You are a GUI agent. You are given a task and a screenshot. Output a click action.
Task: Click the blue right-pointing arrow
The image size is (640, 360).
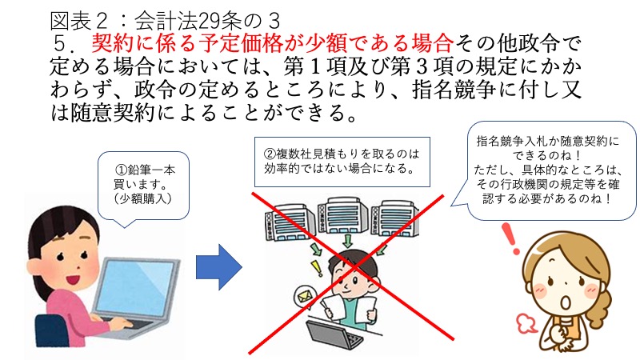click(219, 267)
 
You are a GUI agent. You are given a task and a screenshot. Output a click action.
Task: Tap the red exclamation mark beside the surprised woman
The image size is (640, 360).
click(510, 238)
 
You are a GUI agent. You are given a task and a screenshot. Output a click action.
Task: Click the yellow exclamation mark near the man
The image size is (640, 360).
click(316, 268)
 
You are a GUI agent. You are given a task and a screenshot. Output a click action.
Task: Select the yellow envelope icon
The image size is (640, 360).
click(303, 296)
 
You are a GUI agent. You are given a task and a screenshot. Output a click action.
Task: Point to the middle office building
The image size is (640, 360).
click(342, 215)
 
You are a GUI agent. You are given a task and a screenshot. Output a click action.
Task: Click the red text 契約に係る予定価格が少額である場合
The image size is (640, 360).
click(272, 43)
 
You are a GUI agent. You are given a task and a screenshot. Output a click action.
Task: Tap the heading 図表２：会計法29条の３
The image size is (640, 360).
click(166, 21)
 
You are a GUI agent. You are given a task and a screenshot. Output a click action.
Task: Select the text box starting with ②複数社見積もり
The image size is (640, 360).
click(342, 162)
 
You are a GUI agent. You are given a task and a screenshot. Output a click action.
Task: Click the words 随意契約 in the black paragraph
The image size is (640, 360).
click(113, 112)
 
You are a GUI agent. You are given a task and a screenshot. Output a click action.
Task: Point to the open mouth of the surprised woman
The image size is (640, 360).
click(566, 302)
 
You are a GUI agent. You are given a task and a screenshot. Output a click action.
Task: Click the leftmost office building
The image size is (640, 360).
click(289, 222)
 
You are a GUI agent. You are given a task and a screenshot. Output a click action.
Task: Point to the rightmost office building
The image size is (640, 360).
click(395, 218)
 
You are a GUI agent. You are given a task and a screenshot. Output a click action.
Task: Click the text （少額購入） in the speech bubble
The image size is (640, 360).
click(143, 198)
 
